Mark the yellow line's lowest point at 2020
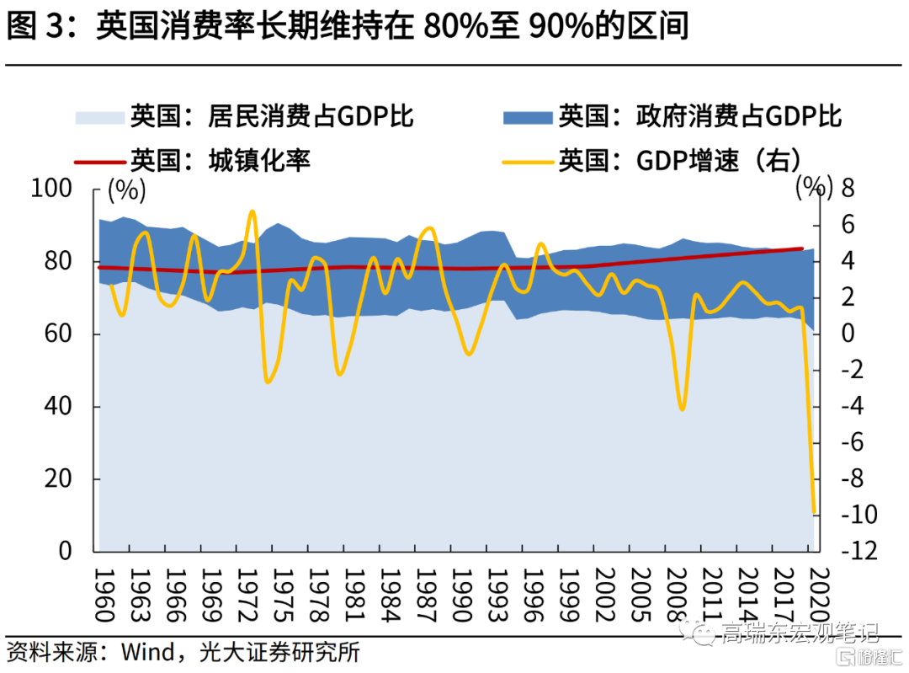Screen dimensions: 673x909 tap(814, 512)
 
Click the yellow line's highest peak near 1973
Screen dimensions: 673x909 tap(252, 211)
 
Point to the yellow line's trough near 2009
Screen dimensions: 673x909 tap(682, 409)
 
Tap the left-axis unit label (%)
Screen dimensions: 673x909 tap(126, 190)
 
